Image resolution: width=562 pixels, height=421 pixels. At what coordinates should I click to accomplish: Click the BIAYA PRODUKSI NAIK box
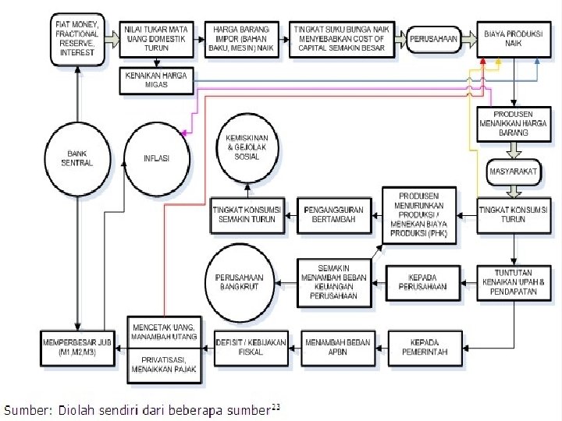coord(514,38)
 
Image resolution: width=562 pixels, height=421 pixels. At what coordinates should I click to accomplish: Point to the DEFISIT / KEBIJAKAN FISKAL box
coord(250,347)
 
